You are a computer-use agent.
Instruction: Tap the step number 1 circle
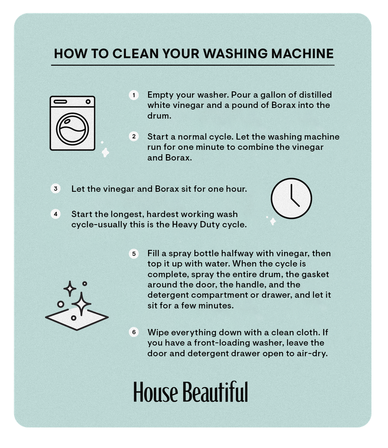point(134,95)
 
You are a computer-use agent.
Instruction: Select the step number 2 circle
point(134,136)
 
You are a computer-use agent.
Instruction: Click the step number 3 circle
point(55,189)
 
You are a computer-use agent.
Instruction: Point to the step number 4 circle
point(55,214)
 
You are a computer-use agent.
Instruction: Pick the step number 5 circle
point(134,253)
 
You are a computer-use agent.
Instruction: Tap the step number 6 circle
point(134,332)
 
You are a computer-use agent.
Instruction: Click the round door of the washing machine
point(72,129)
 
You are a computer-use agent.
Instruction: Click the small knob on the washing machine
point(88,102)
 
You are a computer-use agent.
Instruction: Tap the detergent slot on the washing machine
point(60,102)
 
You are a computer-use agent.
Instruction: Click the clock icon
point(291,198)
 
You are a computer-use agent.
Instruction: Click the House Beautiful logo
point(190,392)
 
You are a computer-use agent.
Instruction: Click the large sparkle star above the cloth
point(82,304)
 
